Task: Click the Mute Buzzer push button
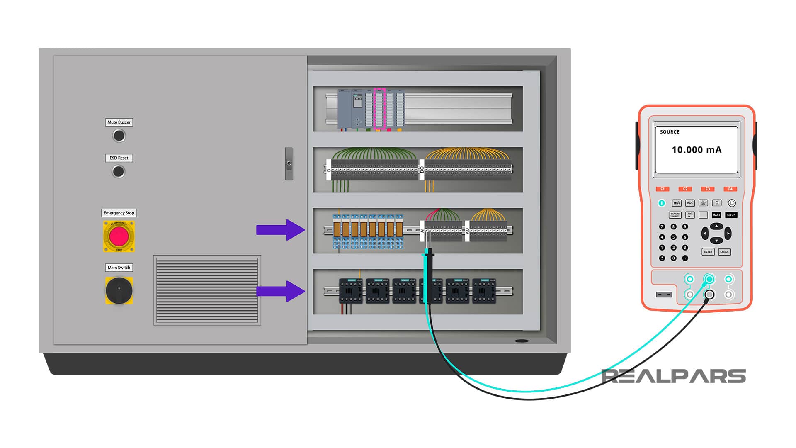point(119,136)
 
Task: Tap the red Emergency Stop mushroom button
point(119,236)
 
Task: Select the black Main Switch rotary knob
point(119,290)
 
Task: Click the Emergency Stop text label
point(119,213)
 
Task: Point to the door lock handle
point(289,163)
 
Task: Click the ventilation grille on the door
point(207,290)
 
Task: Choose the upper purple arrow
point(281,230)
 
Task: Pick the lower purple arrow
point(281,291)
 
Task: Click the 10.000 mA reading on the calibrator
point(696,150)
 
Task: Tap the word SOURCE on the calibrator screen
point(670,132)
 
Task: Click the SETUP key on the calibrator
point(731,215)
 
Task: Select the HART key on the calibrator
point(716,215)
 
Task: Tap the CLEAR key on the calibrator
point(724,252)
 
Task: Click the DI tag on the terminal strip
point(329,169)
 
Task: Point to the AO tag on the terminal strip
point(467,231)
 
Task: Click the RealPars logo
point(673,376)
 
